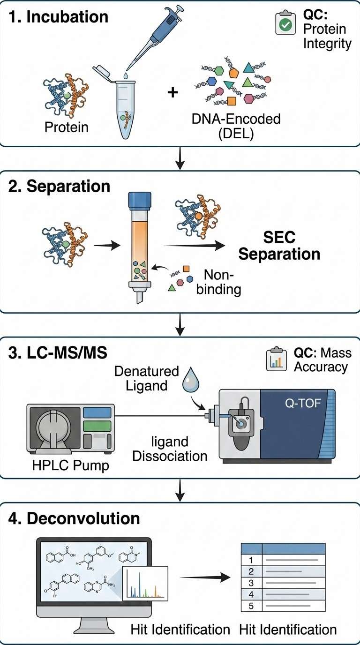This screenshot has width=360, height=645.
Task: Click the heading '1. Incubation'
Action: click(59, 17)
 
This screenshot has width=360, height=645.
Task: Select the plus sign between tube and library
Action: click(173, 92)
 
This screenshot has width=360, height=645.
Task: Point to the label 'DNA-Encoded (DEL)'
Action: click(236, 126)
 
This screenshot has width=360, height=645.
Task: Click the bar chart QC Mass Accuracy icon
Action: click(276, 360)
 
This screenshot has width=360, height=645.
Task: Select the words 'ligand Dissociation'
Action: click(170, 449)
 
